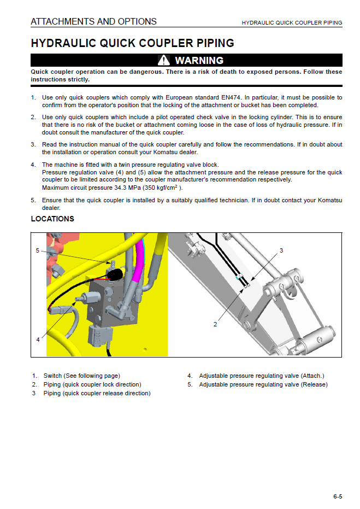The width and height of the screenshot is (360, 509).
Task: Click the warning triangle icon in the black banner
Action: point(164,60)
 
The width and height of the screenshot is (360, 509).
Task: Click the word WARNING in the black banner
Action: point(199,60)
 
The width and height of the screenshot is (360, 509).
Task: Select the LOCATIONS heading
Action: point(52,219)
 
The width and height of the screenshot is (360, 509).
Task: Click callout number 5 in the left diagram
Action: point(38,250)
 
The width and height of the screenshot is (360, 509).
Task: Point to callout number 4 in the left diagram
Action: point(38,340)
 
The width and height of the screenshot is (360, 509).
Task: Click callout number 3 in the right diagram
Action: point(281,250)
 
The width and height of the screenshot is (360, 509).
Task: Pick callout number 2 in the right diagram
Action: point(215,324)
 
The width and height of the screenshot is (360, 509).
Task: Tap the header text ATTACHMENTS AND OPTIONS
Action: point(93,22)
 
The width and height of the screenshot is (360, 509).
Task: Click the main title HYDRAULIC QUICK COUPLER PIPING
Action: point(132,43)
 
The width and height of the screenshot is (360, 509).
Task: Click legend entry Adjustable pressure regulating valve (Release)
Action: point(263,384)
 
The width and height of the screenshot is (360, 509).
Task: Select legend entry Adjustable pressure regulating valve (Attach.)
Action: point(261,376)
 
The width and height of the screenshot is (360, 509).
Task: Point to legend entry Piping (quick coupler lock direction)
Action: point(92,384)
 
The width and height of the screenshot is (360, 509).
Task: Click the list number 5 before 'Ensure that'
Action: point(33,200)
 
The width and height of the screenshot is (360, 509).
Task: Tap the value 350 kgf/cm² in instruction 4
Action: point(161,188)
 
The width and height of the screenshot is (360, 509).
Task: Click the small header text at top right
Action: point(292,23)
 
